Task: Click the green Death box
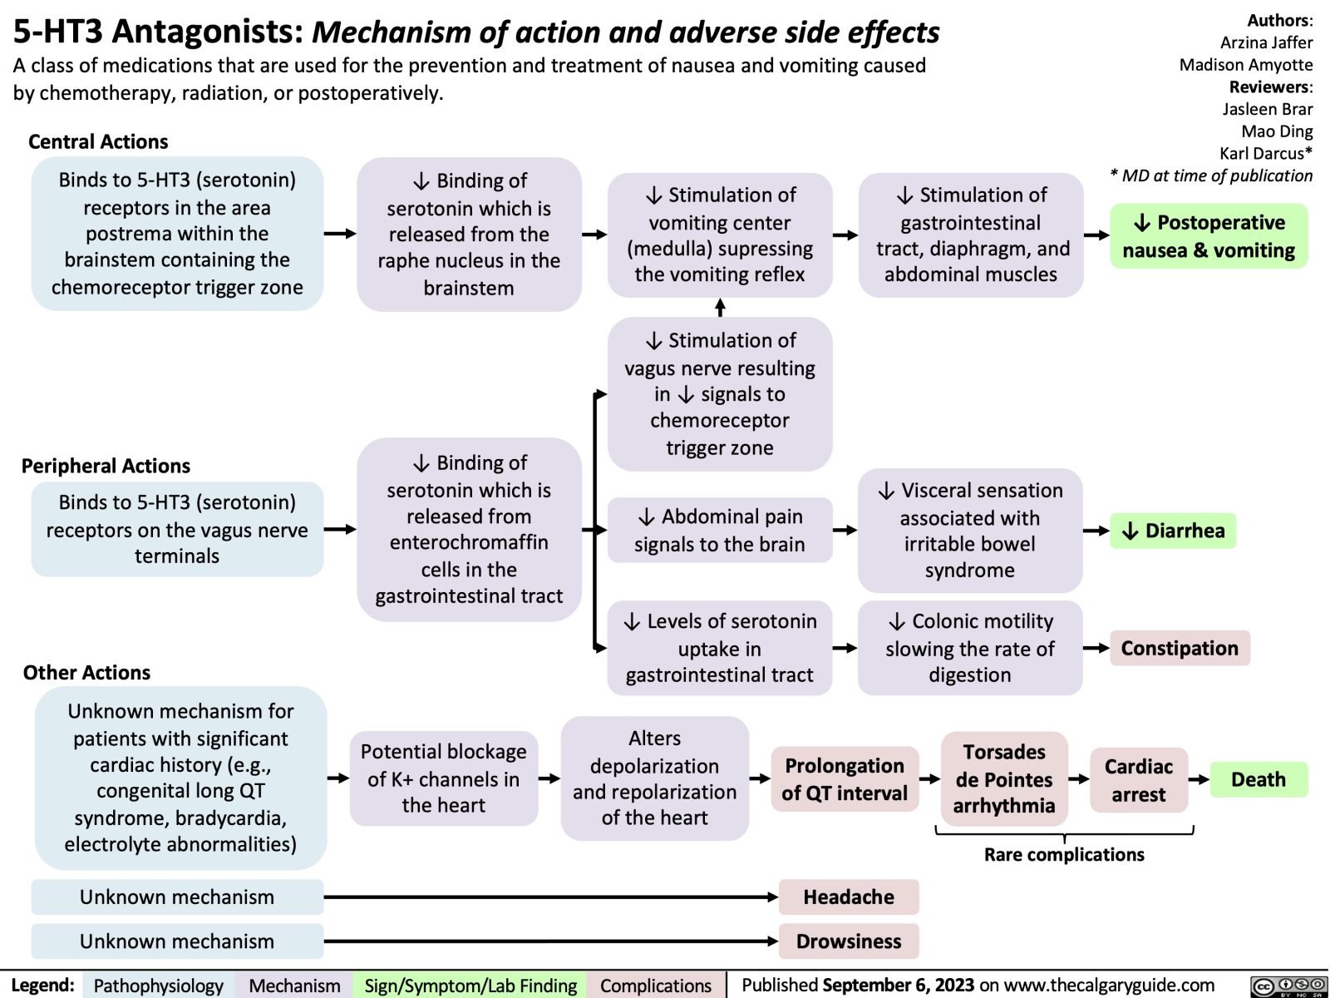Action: [x=1258, y=779]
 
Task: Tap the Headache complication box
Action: [x=849, y=897]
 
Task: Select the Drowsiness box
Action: [x=849, y=941]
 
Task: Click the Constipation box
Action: [x=1179, y=648]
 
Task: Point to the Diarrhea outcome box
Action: [x=1173, y=531]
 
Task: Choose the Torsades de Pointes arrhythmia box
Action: [x=1004, y=779]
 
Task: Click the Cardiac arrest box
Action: [x=1138, y=779]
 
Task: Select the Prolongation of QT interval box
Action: [x=844, y=779]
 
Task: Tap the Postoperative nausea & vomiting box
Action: [x=1209, y=236]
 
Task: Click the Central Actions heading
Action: [x=98, y=141]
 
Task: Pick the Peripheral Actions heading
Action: [x=106, y=466]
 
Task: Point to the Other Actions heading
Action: [x=86, y=672]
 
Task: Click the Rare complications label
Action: [x=1064, y=854]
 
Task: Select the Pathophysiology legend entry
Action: [x=158, y=986]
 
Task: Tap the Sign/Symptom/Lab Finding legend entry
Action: [x=470, y=986]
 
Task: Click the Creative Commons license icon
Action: [x=1288, y=986]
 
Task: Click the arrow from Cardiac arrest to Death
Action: [x=1198, y=780]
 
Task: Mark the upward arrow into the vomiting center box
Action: [x=720, y=307]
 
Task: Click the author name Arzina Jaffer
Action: [x=1266, y=42]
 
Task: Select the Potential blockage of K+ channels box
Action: [x=443, y=778]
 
